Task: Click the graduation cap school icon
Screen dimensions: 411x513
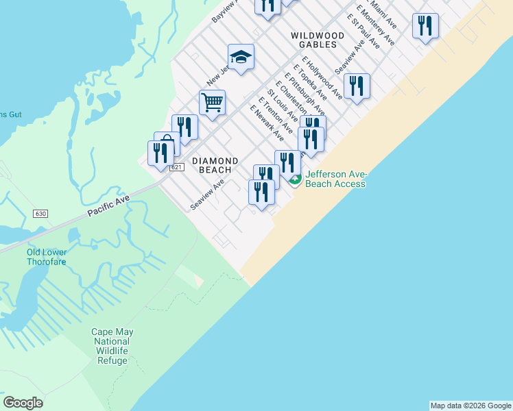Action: pos(241,58)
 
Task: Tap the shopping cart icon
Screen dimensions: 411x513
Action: pos(212,102)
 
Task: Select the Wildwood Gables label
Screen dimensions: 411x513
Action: pos(317,39)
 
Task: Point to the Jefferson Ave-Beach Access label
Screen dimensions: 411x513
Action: pos(336,179)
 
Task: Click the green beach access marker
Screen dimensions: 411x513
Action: pos(295,180)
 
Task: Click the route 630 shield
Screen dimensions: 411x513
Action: pos(40,214)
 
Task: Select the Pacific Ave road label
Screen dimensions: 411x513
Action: pos(108,205)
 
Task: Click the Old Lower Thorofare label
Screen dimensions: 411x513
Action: pos(47,257)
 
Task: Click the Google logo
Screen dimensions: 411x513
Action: pos(23,403)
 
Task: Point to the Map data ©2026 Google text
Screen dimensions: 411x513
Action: pos(470,406)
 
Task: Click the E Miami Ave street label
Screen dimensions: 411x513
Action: pos(385,15)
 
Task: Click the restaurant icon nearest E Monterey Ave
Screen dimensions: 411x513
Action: pos(425,27)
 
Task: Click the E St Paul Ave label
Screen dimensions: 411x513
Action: pos(363,31)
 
